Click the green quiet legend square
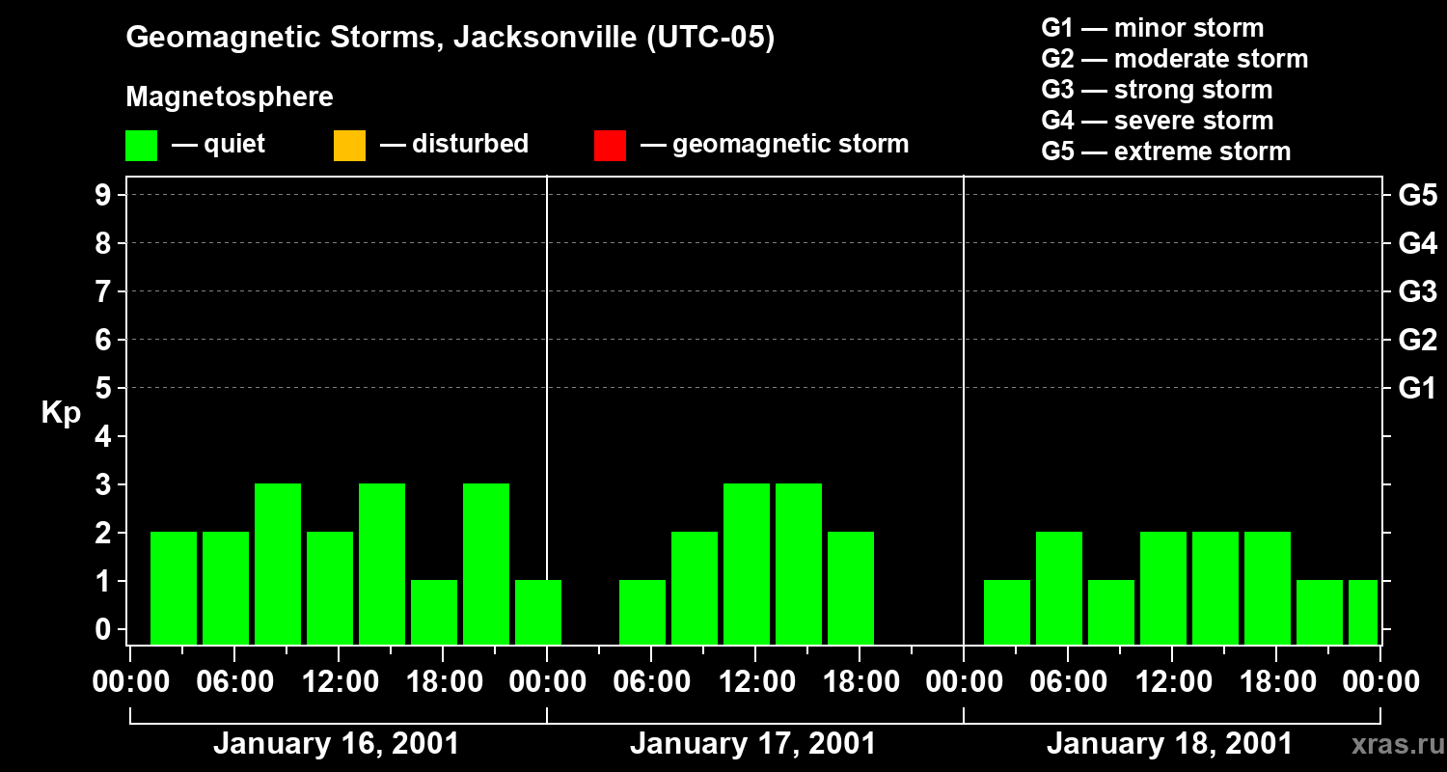[141, 145]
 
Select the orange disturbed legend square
[349, 145]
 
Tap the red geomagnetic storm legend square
[610, 145]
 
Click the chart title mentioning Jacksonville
[450, 38]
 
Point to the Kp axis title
[61, 413]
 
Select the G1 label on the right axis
[1417, 388]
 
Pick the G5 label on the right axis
[1417, 195]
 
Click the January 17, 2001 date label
[752, 744]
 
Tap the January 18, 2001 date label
[1169, 744]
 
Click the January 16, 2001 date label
[336, 744]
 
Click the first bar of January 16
[174, 588]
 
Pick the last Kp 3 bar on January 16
[486, 564]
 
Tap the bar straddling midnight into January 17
[538, 612]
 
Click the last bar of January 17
[851, 588]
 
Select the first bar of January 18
[1007, 612]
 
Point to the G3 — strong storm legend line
[1157, 90]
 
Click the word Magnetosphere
[230, 97]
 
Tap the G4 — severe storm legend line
[1157, 121]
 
